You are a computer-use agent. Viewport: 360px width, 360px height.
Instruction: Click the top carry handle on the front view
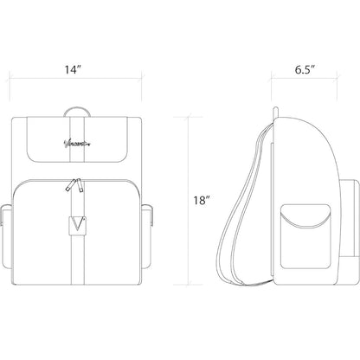pyautogui.click(x=79, y=109)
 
